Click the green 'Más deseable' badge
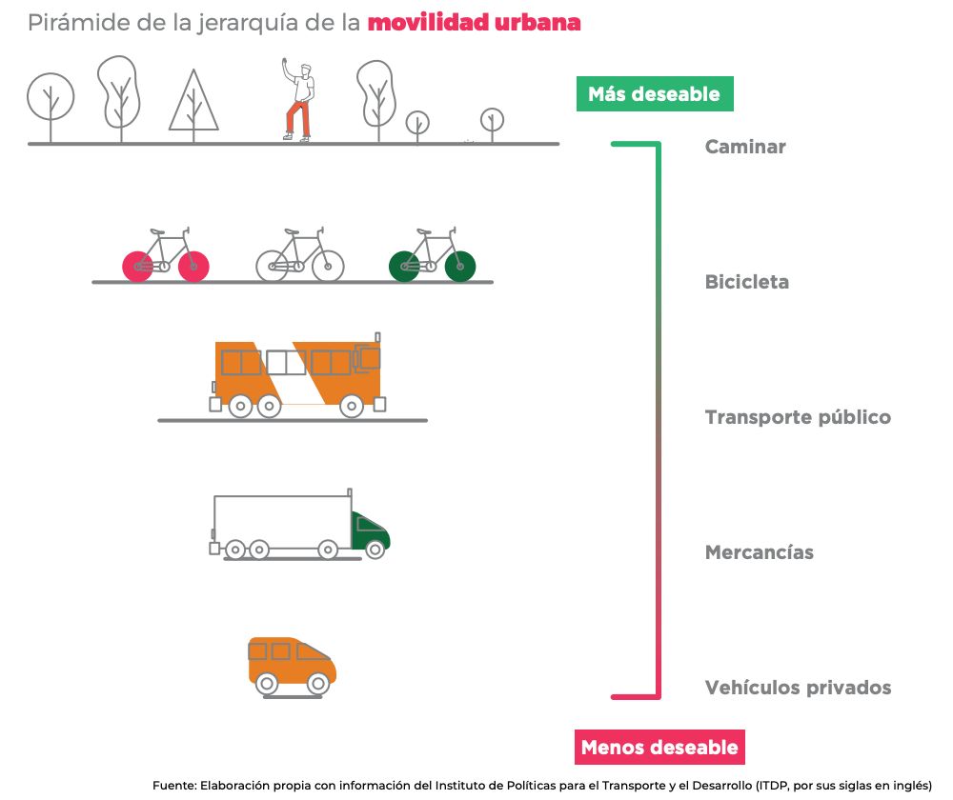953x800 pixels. (654, 94)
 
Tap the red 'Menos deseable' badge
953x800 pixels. (659, 747)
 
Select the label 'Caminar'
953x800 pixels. (745, 147)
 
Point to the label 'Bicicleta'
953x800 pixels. (746, 282)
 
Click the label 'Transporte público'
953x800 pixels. (798, 417)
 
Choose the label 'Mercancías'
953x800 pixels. (759, 552)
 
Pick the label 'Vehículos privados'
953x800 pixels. (798, 688)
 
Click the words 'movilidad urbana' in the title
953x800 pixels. (474, 23)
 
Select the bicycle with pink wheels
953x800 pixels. (165, 256)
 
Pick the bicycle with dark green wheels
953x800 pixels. (432, 256)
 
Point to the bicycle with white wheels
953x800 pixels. (299, 256)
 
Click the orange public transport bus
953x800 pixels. (297, 374)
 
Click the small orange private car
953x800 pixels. (292, 663)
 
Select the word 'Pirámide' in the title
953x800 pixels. (71, 23)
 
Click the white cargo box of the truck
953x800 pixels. (281, 520)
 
